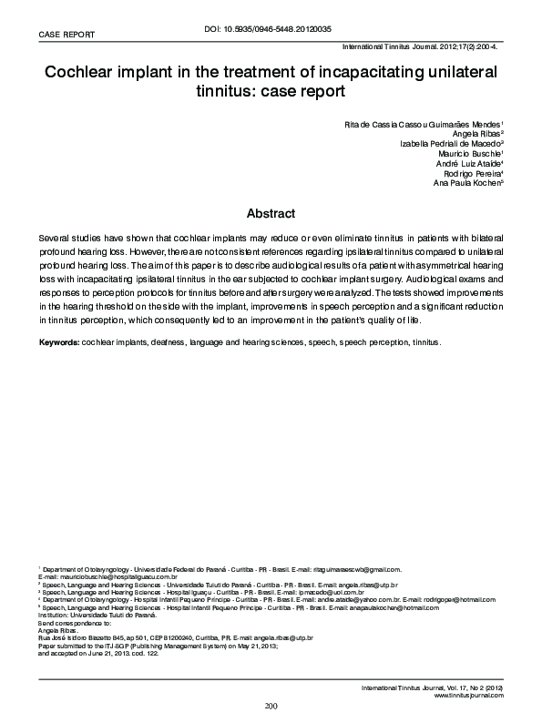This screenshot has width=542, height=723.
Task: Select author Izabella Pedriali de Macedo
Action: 452,144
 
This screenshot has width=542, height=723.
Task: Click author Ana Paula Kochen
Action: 466,183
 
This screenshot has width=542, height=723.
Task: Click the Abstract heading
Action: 271,214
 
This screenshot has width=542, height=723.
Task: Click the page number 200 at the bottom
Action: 271,707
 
